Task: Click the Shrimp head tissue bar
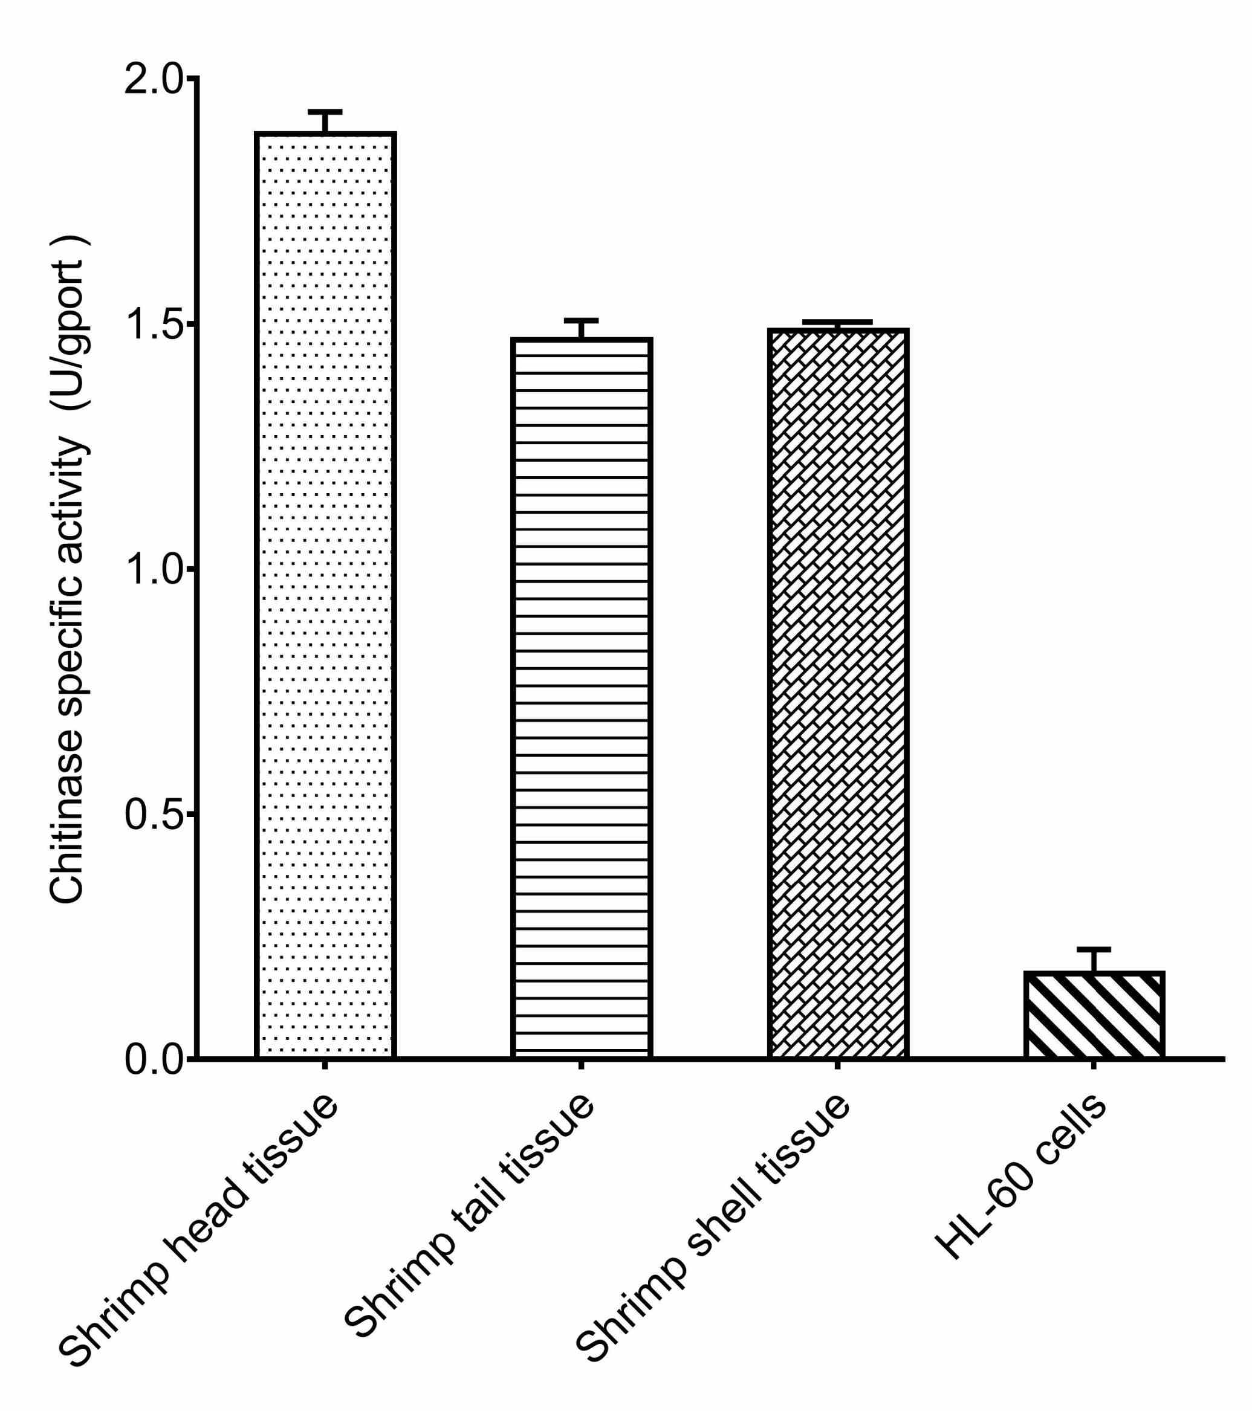[325, 593]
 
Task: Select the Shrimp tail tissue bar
[582, 697]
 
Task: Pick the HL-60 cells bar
[1094, 1014]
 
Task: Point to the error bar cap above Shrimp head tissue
[325, 112]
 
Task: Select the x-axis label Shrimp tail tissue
[470, 1208]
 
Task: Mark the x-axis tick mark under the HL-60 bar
[1094, 1067]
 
